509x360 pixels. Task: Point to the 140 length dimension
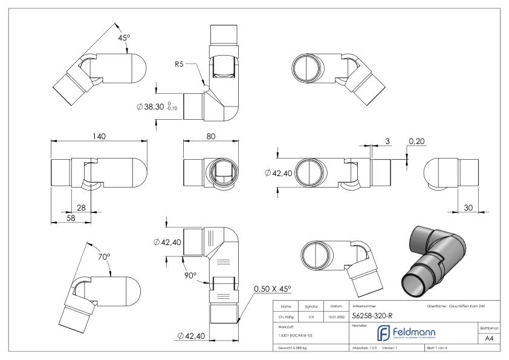(x=99, y=137)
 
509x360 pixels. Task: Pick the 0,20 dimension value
(x=417, y=141)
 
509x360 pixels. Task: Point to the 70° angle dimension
(x=104, y=257)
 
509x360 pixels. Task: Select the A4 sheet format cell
(x=491, y=339)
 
